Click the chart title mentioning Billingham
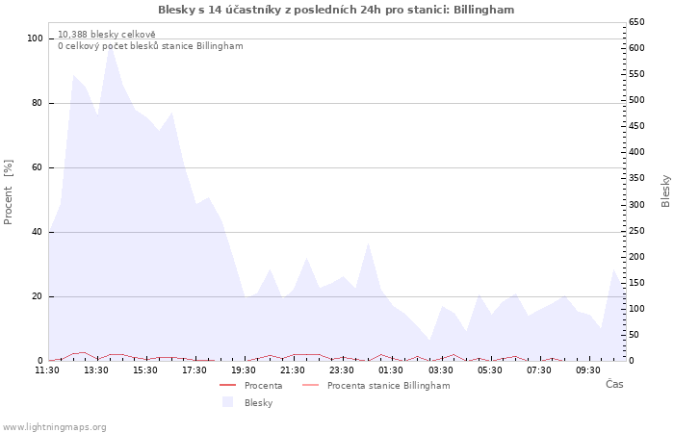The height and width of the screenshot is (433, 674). click(336, 10)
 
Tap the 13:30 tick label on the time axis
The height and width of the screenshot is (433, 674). click(96, 370)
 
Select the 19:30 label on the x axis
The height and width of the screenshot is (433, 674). click(244, 370)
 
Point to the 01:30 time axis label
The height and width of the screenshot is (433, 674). click(391, 370)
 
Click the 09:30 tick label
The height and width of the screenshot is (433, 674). click(587, 370)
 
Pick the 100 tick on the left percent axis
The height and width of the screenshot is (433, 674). click(35, 38)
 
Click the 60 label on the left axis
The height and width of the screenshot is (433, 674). click(37, 167)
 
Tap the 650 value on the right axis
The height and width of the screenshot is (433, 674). click(636, 22)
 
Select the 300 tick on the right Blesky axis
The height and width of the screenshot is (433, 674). click(636, 204)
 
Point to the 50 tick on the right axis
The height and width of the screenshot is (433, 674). click(634, 335)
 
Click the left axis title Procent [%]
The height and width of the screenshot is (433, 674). click(8, 192)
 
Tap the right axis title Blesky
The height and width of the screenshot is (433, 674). click(665, 191)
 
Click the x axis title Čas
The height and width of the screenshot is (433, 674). click(614, 384)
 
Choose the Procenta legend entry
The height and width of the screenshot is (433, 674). click(251, 385)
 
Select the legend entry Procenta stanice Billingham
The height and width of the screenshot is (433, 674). click(376, 385)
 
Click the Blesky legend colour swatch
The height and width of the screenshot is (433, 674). click(227, 402)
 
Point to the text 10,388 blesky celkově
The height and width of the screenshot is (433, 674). click(107, 35)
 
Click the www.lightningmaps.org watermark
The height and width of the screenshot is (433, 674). click(54, 427)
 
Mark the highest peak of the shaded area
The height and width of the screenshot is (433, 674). click(111, 46)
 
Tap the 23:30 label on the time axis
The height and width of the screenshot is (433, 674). click(342, 370)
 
